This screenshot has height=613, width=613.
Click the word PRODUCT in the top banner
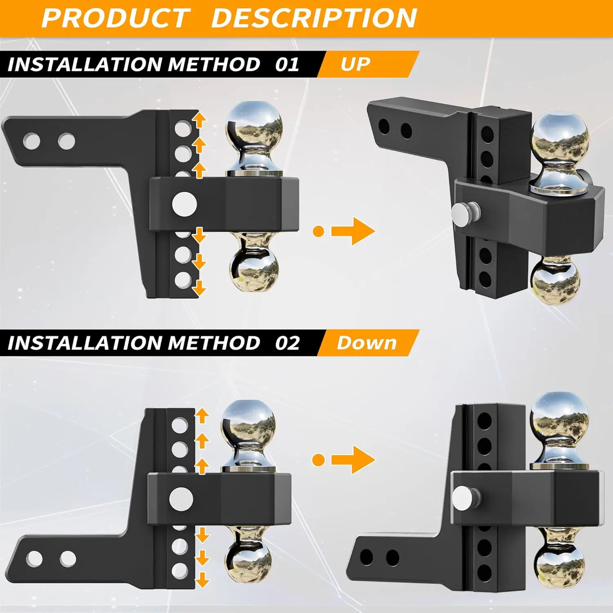[116, 18]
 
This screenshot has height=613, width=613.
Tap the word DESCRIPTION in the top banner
[314, 18]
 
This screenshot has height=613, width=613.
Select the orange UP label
[356, 64]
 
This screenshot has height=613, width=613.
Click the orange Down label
[367, 343]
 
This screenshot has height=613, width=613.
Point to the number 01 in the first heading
[287, 65]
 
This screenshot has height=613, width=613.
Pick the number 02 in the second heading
[287, 343]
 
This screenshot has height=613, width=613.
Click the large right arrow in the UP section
[353, 231]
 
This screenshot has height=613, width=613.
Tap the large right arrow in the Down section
[353, 460]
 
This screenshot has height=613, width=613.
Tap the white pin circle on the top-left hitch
[184, 204]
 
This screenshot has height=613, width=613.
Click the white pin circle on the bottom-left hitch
[181, 499]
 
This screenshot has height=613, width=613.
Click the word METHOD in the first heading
[214, 65]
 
